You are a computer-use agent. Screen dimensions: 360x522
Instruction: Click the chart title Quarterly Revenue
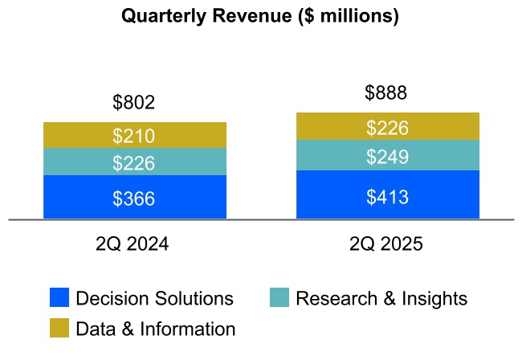point(260,17)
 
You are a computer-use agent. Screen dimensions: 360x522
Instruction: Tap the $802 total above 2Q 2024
point(133,103)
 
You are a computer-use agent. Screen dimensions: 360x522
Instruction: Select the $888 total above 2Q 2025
point(386,93)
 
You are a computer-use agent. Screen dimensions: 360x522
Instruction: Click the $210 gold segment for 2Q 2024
point(134,136)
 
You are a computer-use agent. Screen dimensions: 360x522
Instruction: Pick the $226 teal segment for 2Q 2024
point(134,163)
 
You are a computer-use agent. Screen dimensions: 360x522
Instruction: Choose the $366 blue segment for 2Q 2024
point(134,198)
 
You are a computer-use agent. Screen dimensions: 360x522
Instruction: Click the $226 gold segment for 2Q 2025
point(387,128)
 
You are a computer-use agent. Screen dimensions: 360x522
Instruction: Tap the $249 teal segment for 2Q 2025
point(387,157)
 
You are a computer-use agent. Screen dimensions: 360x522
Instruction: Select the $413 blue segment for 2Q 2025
point(387,196)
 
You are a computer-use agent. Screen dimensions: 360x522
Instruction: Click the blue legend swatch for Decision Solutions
point(59,298)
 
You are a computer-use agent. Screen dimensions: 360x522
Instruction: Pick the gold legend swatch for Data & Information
point(59,328)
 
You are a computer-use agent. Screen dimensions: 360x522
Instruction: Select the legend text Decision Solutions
point(154,299)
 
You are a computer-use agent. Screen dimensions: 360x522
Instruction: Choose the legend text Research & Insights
point(381,299)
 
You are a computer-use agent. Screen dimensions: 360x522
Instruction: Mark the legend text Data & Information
point(155,329)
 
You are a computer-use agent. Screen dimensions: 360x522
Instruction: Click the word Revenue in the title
point(249,17)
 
